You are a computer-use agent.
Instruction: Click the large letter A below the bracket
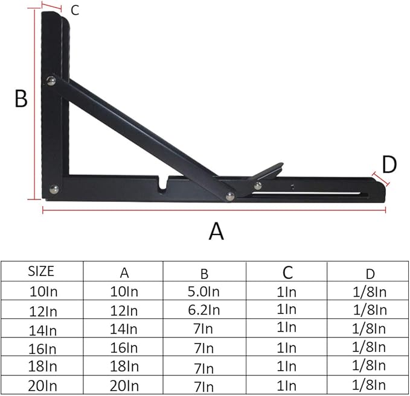(216, 230)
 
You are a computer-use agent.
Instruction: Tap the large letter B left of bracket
(21, 98)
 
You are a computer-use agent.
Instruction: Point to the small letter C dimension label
(75, 10)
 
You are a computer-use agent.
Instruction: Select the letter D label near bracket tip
(389, 164)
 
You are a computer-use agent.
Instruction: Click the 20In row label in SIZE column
(41, 385)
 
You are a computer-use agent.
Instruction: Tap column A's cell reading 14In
(124, 329)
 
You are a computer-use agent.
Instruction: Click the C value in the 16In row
(287, 348)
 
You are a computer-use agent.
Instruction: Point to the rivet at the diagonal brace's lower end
(229, 194)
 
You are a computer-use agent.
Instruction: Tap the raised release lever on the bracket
(269, 172)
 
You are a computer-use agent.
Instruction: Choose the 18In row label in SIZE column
(41, 366)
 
